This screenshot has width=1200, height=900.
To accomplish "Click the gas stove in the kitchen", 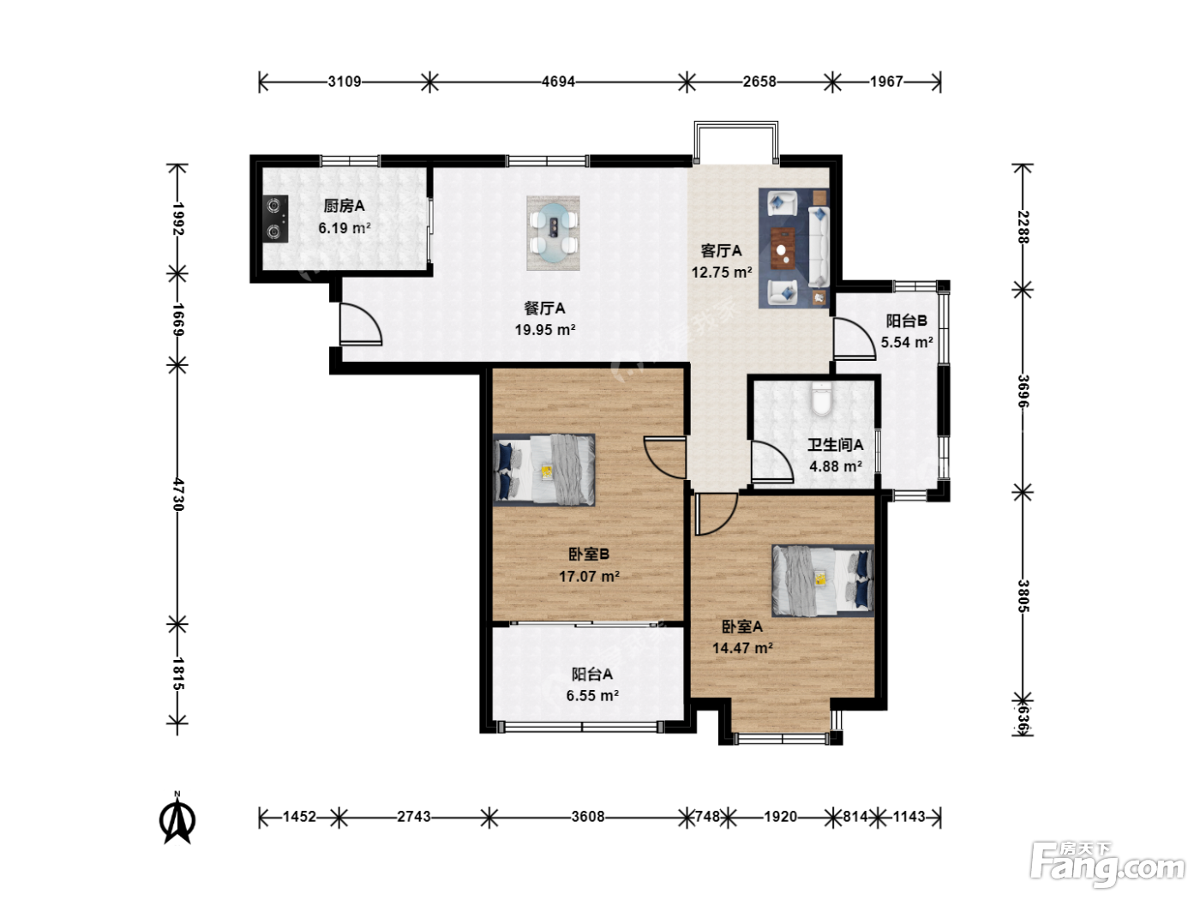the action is tap(275, 219).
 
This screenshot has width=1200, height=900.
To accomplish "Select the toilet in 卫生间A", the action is tap(820, 399).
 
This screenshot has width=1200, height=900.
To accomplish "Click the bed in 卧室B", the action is tap(544, 470).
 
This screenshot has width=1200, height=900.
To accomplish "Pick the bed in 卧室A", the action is tap(823, 580).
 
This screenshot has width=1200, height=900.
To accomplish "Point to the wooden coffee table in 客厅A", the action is tap(784, 249).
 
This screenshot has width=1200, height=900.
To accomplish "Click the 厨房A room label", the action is tap(344, 206).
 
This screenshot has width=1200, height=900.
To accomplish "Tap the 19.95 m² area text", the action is tap(545, 329).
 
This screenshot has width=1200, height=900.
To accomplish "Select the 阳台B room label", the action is tap(906, 321).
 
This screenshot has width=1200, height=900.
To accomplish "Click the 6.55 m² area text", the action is tap(592, 696).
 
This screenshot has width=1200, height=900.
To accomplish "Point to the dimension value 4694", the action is tap(558, 82).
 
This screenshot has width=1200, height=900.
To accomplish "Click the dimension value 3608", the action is tap(588, 816).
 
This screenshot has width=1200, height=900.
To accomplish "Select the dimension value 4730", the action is tap(178, 495).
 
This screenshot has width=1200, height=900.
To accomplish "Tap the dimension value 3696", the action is tap(1023, 391).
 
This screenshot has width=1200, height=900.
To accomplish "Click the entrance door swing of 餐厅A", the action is tap(360, 324).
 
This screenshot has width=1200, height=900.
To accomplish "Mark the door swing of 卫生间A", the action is tap(772, 462).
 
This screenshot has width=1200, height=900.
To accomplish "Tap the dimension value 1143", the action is tap(909, 816).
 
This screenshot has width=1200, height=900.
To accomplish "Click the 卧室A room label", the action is tap(742, 627).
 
